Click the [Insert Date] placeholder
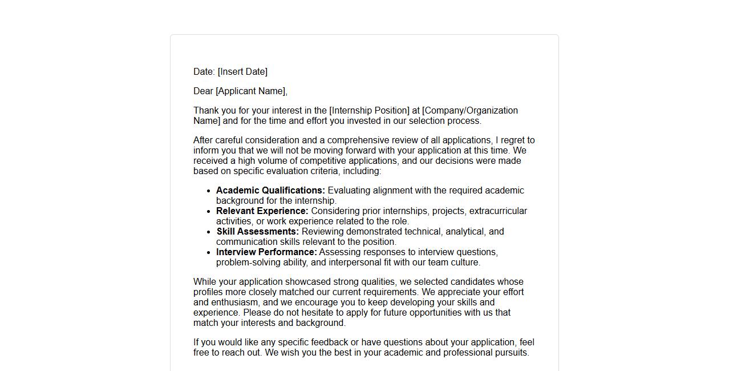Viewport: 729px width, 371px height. [242, 72]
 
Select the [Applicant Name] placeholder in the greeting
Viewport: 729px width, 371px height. [251, 91]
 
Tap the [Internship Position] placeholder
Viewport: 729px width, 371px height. [369, 111]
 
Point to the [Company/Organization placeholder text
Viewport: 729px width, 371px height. [470, 111]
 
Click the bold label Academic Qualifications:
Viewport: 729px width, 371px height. [270, 191]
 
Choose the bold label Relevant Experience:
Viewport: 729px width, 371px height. [262, 211]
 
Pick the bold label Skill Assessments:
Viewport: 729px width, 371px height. [257, 232]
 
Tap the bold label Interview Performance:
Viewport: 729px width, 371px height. [266, 252]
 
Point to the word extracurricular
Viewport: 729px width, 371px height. [498, 211]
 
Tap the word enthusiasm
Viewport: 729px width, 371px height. [236, 303]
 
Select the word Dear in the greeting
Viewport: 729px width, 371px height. [203, 91]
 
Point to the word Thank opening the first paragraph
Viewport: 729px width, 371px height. [206, 111]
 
